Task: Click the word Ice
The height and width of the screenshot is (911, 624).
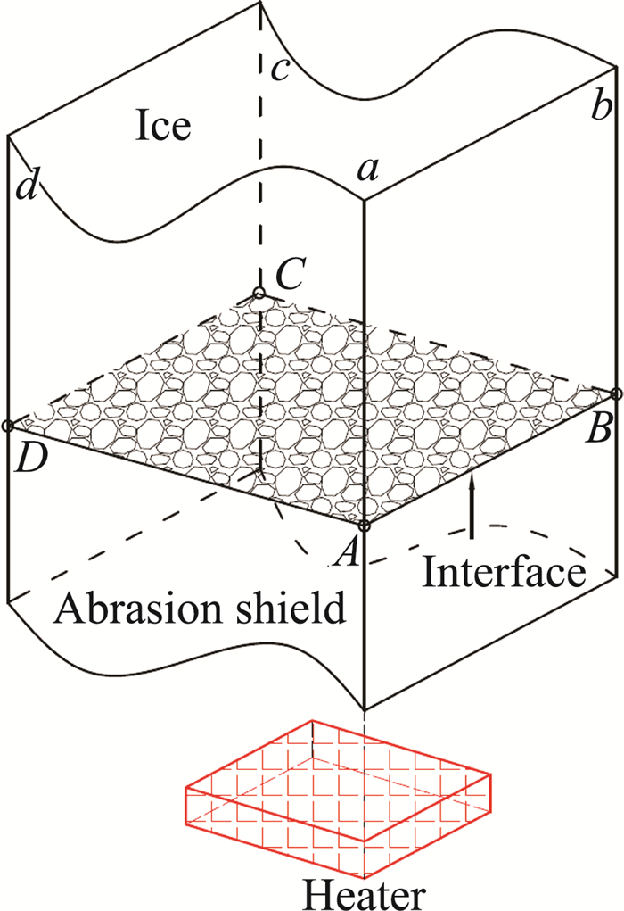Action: click(163, 126)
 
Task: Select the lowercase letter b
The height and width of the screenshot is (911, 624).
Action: click(601, 108)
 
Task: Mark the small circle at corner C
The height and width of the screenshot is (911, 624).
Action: click(259, 293)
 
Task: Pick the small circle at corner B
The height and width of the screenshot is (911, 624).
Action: click(617, 393)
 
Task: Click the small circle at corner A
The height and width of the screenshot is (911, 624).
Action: click(365, 526)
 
